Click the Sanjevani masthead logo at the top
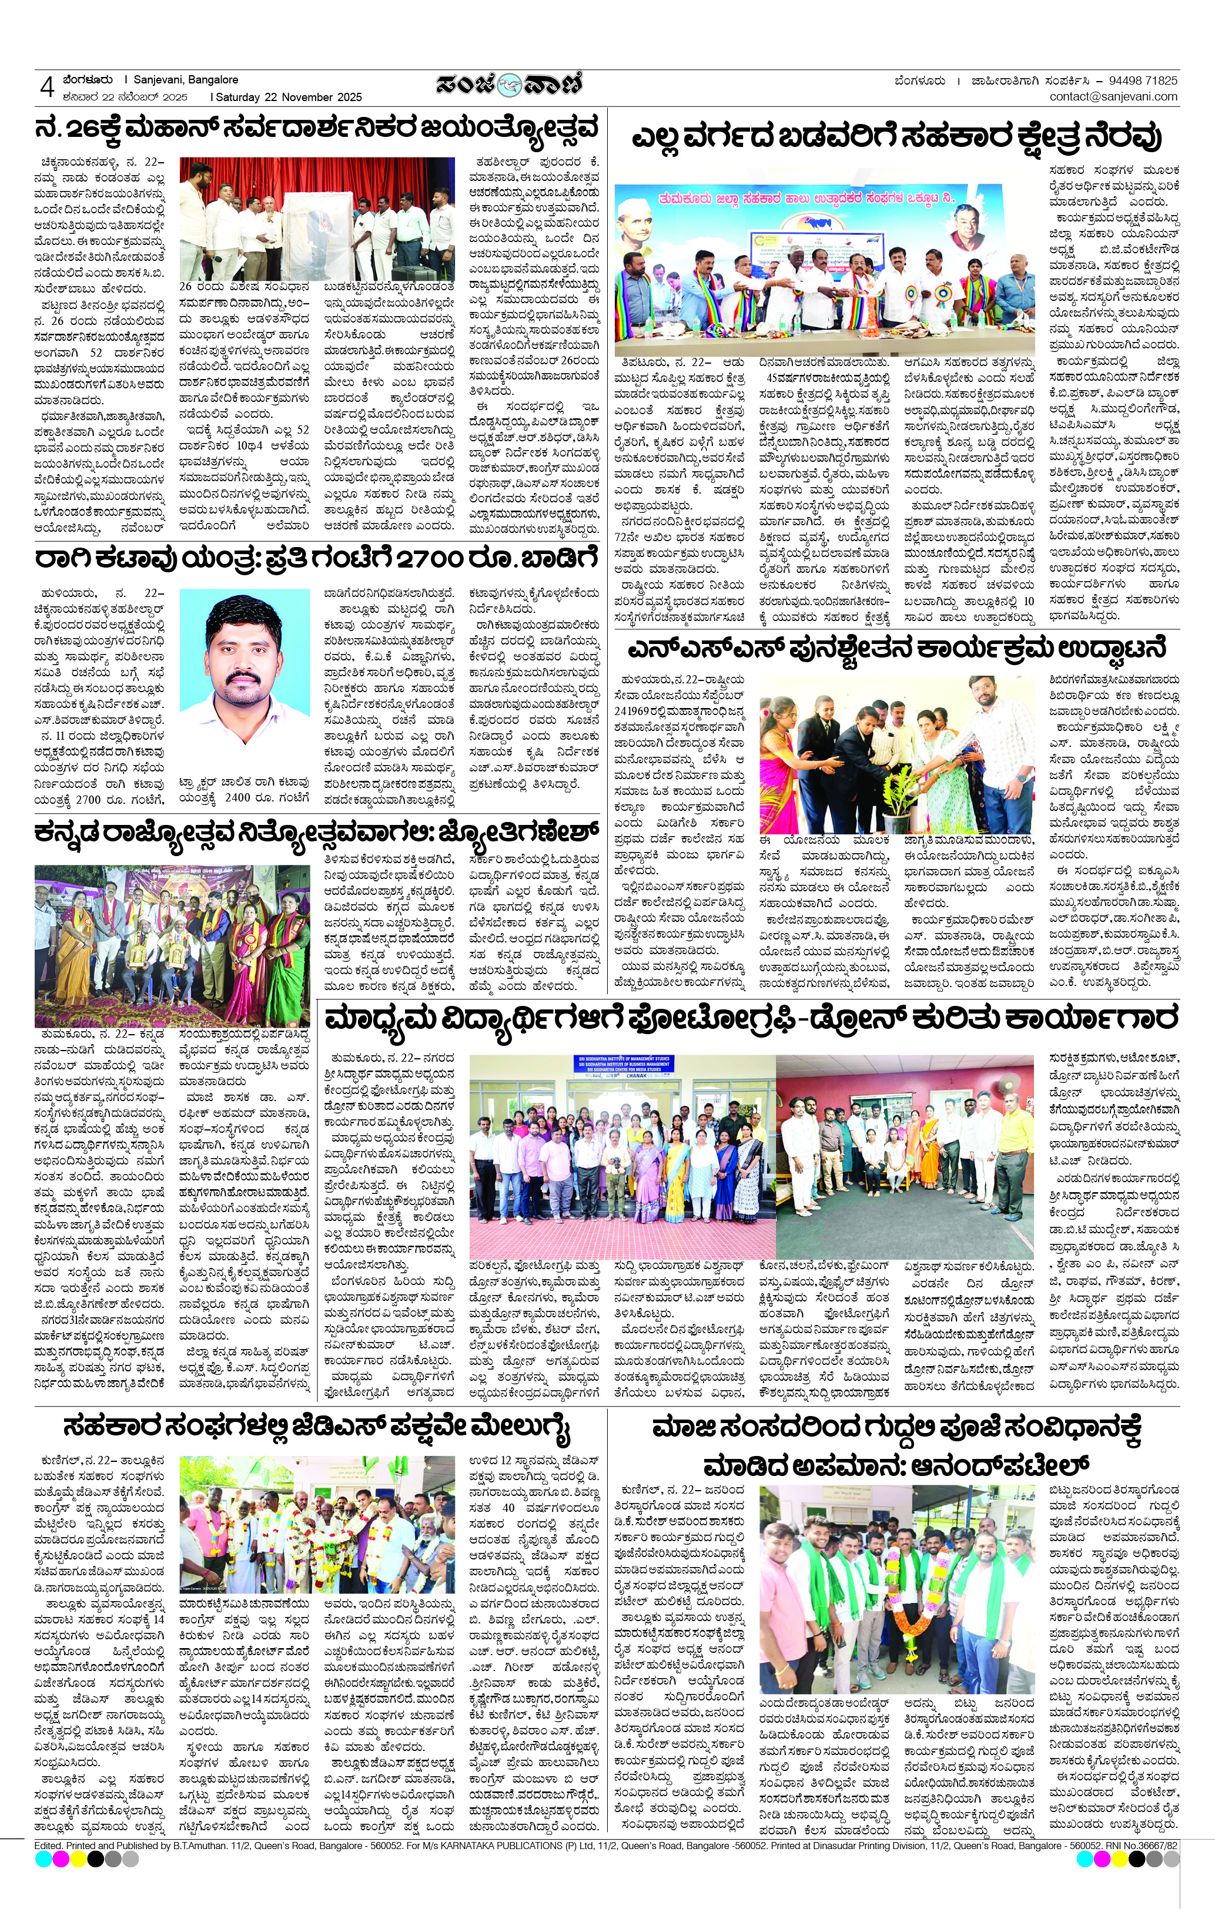(508, 85)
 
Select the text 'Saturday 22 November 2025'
(289, 98)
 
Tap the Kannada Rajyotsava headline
(315, 834)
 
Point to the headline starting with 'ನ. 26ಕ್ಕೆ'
(315, 129)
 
